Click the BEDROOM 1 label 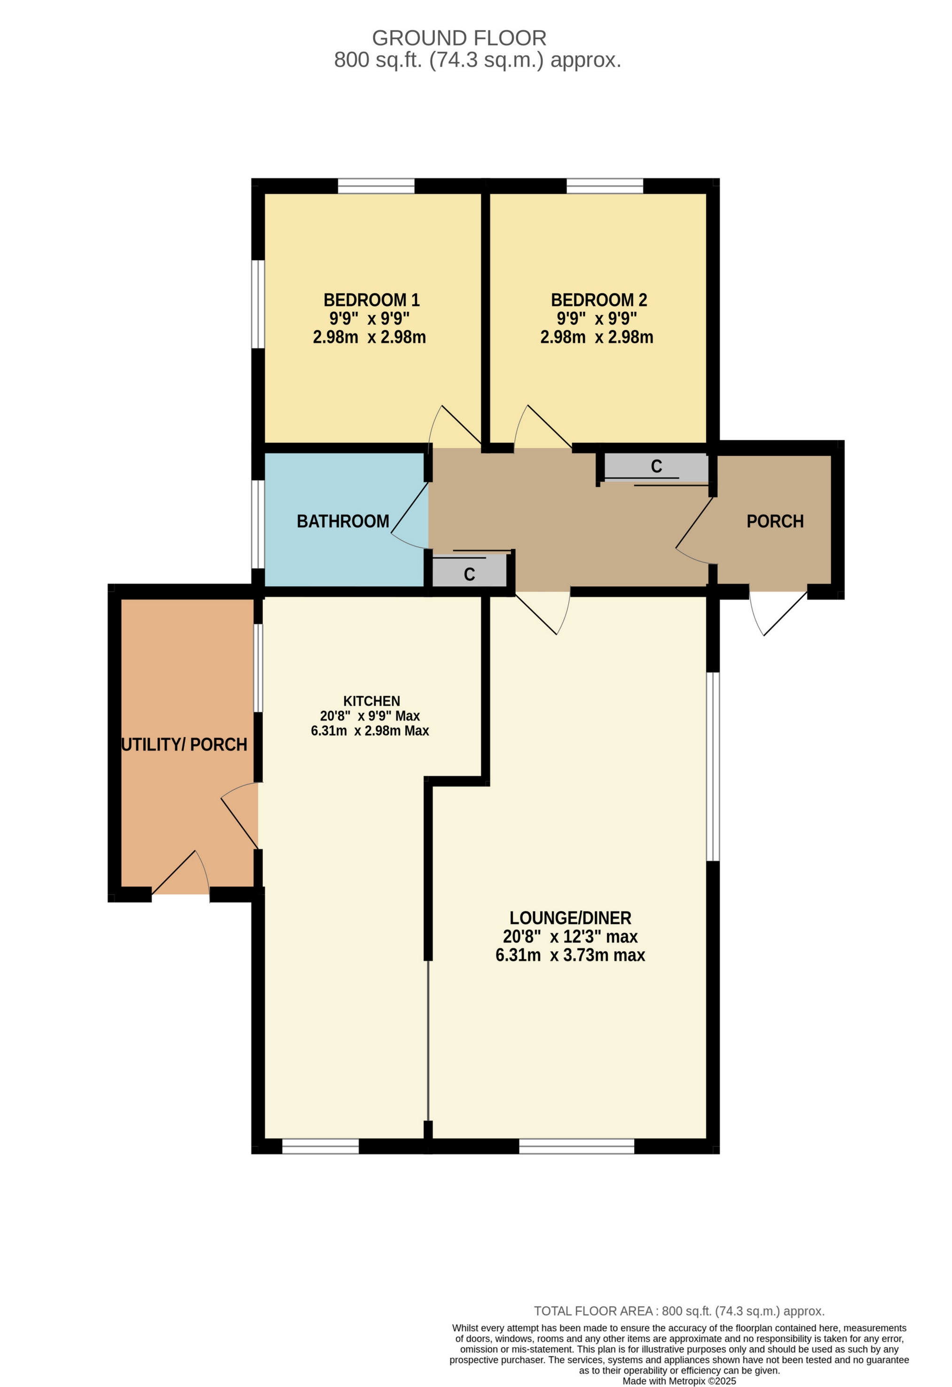pyautogui.click(x=371, y=299)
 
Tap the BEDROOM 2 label pyautogui.click(x=598, y=299)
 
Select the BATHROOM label pyautogui.click(x=343, y=521)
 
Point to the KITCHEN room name pyautogui.click(x=371, y=701)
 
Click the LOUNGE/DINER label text pyautogui.click(x=570, y=917)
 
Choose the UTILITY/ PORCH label pyautogui.click(x=184, y=744)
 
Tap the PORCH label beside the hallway pyautogui.click(x=775, y=521)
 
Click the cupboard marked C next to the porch pyautogui.click(x=656, y=466)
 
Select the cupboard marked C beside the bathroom pyautogui.click(x=469, y=574)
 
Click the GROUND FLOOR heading pyautogui.click(x=459, y=38)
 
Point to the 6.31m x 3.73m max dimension pyautogui.click(x=570, y=955)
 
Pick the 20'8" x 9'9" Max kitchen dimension pyautogui.click(x=370, y=716)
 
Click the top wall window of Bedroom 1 pyautogui.click(x=376, y=186)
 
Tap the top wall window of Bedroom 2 pyautogui.click(x=605, y=186)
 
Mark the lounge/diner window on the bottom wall pyautogui.click(x=576, y=1146)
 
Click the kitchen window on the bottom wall pyautogui.click(x=320, y=1146)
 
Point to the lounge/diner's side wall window pyautogui.click(x=713, y=767)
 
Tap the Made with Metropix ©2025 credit pyautogui.click(x=679, y=1381)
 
